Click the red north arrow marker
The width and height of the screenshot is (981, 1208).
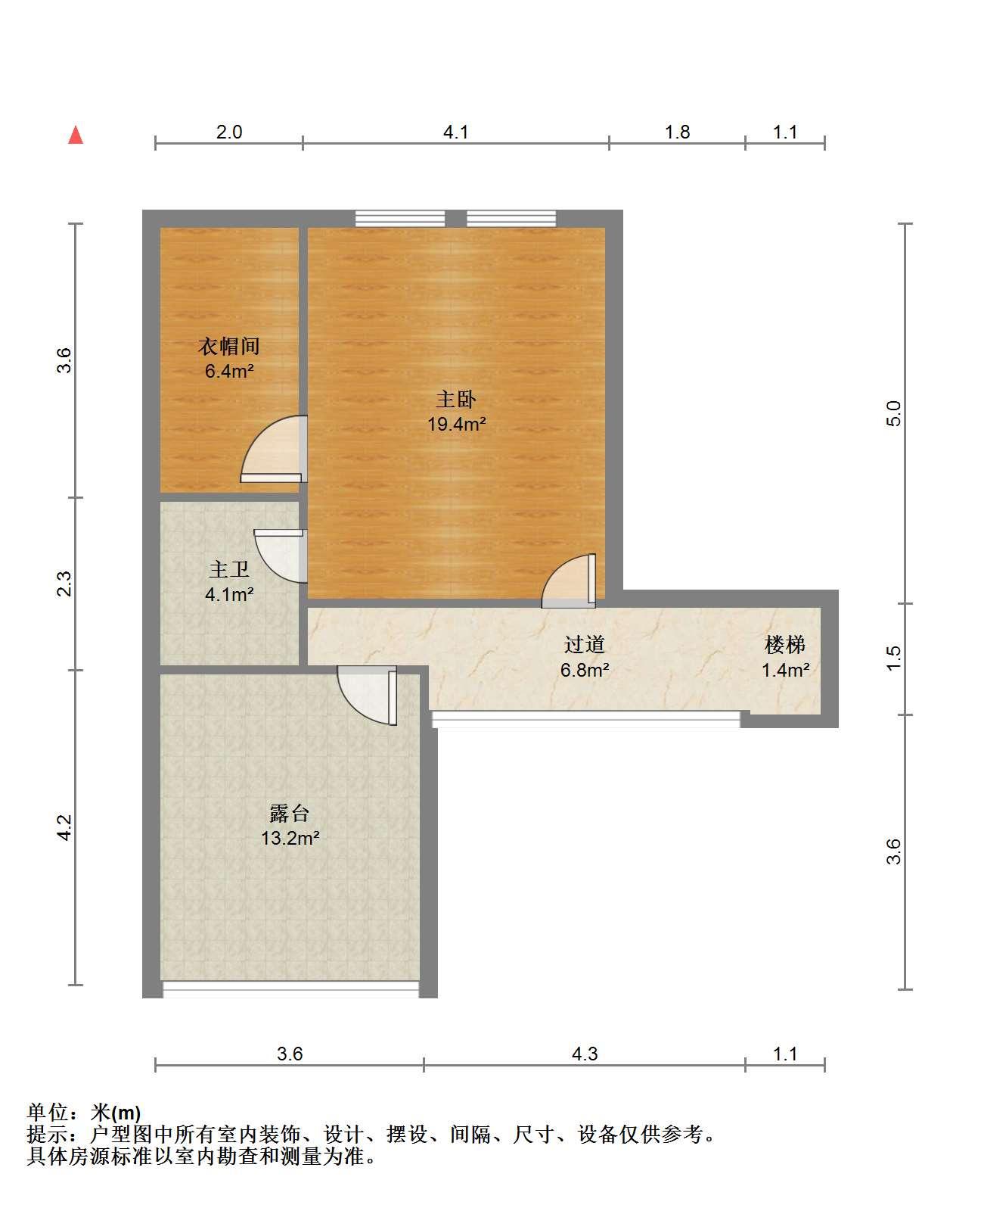click(76, 135)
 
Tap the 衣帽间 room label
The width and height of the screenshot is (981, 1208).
click(229, 346)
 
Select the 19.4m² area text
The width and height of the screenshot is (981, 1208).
click(456, 424)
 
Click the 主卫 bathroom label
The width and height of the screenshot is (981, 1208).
click(229, 569)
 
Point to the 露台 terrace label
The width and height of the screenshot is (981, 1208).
click(290, 813)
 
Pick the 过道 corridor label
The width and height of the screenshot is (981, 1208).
click(585, 644)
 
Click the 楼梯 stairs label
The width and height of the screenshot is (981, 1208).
click(785, 644)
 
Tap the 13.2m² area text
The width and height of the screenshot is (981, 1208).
click(290, 838)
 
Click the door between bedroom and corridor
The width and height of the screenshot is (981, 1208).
click(569, 581)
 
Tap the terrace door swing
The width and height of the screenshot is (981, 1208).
click(367, 696)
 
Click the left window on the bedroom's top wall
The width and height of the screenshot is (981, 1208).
click(400, 218)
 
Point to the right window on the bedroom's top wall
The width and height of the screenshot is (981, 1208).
click(511, 218)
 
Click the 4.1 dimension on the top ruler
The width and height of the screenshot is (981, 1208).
click(455, 132)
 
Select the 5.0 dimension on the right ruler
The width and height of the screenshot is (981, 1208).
click(893, 413)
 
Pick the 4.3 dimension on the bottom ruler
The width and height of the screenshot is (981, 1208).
click(585, 1054)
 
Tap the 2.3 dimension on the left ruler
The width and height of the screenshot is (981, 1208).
click(64, 584)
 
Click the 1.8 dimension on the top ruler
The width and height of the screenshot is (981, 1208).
click(677, 132)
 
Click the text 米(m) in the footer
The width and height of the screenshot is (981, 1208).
click(116, 1113)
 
